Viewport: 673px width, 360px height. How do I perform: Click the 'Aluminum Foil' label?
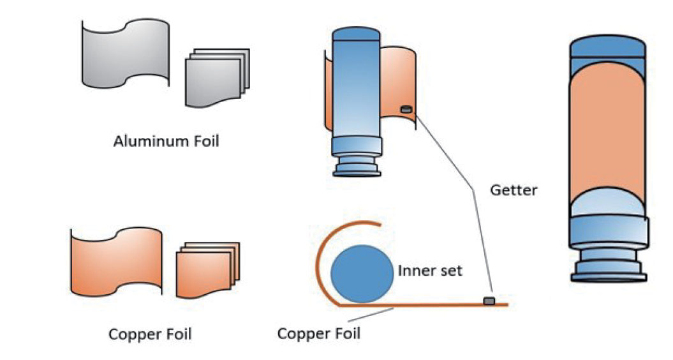point(166,141)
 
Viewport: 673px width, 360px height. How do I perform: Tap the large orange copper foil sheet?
point(115,262)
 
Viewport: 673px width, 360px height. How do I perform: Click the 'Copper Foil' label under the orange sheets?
point(150,334)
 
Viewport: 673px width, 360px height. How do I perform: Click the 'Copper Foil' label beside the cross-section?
point(319,333)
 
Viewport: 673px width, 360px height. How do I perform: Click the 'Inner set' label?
point(430,271)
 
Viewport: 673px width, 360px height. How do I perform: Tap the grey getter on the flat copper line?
point(490,300)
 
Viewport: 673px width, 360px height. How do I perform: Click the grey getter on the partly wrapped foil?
point(405,110)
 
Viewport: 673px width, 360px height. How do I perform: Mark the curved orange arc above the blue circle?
point(332,239)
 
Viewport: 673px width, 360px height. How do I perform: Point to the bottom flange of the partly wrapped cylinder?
point(358,167)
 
